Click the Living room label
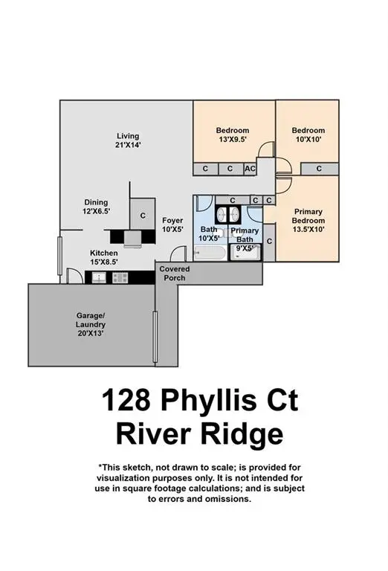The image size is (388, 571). point(128,136)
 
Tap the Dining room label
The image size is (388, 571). point(95,202)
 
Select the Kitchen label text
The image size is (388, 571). point(104,254)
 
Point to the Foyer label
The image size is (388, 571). point(172,220)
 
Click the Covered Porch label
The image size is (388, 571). point(173,273)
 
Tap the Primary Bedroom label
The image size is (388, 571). point(308,216)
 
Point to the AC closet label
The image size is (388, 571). point(250,169)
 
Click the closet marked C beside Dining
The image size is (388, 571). point(143,216)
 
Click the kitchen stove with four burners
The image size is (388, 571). point(120,277)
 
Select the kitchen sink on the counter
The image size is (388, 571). point(99,277)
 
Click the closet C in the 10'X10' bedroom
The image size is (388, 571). point(319,169)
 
